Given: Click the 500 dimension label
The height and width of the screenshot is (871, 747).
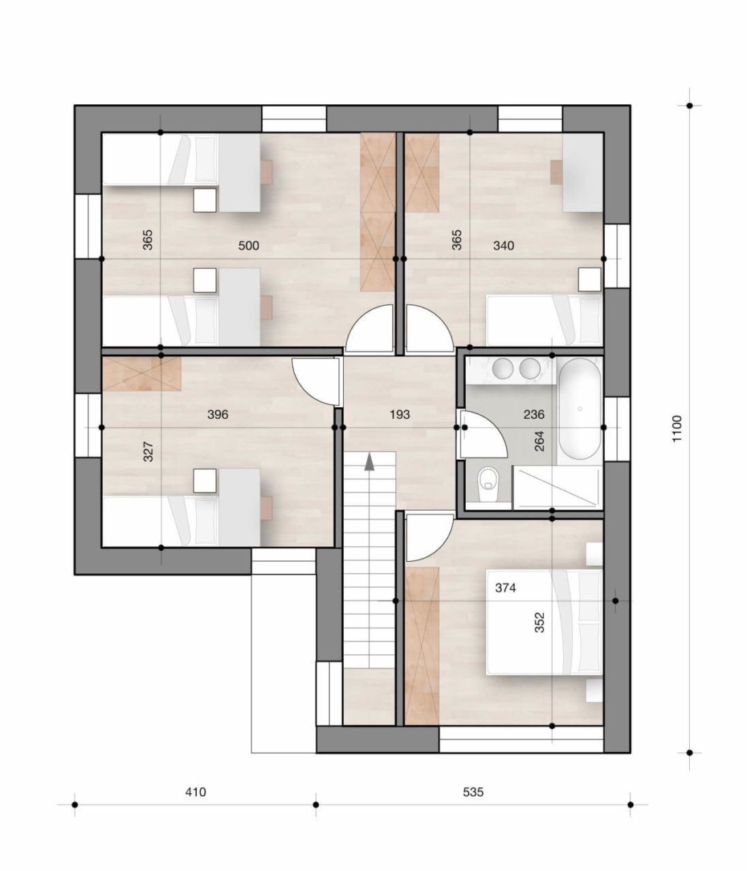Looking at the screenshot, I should coord(249,246).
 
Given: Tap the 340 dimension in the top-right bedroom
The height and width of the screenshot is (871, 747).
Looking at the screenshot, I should coord(503,246).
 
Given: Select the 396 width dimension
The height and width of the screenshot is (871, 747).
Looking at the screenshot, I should coord(218,414).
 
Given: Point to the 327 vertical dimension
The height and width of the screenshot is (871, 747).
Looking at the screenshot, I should coord(148,452).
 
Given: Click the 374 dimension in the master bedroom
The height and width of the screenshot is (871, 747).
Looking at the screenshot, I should coord(505,588).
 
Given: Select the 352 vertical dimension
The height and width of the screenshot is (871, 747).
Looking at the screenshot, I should coord(539,623).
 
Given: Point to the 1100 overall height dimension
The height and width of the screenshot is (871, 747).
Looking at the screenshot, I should coord(676,429).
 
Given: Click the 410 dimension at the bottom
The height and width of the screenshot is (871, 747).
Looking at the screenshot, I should coord(195,792).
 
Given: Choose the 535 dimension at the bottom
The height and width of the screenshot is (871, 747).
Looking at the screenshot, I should coord(473,792).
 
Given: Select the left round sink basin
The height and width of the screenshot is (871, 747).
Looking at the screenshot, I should coord(503,368).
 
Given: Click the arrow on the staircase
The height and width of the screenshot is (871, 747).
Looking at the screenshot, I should coord(369,463).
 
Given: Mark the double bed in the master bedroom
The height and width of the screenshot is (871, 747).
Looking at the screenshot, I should coord(543,622).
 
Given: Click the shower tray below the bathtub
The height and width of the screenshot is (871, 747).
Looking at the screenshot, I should coord(556,487).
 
